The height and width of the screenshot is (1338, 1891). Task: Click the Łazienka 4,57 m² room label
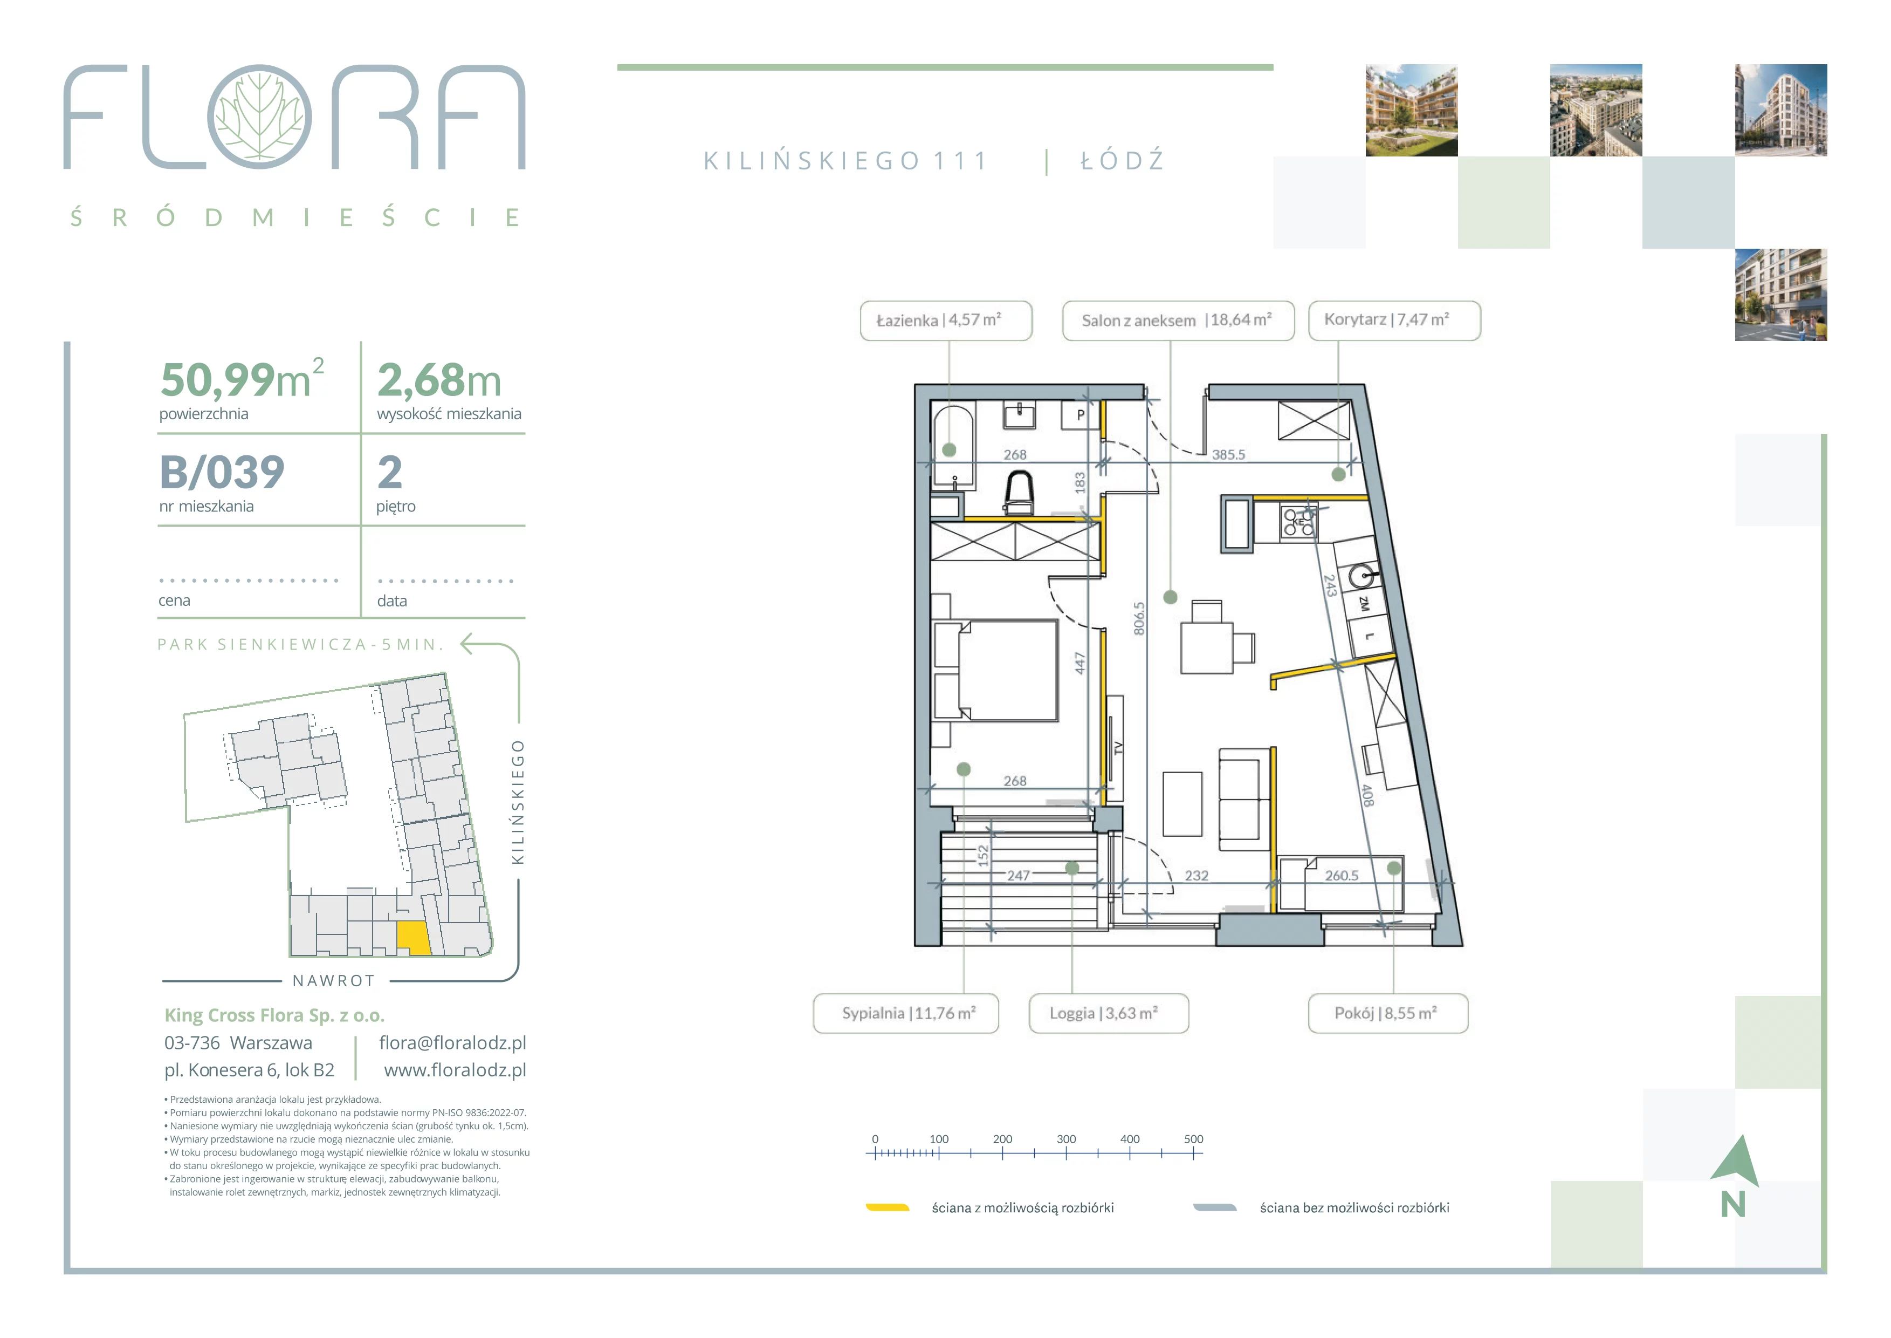[946, 320]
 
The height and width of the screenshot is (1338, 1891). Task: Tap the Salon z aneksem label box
[1178, 320]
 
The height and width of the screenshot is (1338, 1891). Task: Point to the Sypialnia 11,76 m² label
[905, 1013]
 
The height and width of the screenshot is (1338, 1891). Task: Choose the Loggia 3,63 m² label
[1109, 1013]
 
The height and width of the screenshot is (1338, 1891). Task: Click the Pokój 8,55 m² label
[1388, 1013]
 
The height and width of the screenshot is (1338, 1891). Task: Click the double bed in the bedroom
[996, 671]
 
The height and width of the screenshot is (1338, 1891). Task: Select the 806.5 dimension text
[1138, 618]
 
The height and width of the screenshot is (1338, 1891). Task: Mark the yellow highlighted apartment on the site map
[414, 938]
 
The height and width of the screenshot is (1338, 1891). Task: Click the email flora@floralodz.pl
[452, 1043]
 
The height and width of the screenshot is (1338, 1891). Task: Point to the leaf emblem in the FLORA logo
[259, 116]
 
